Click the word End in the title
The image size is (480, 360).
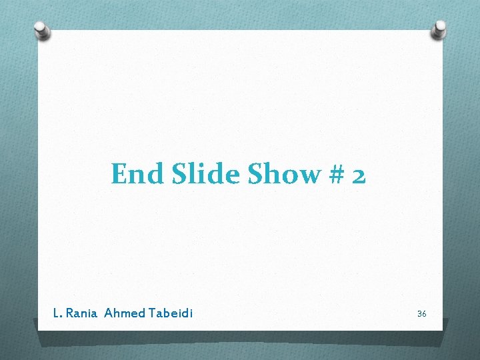coord(137,174)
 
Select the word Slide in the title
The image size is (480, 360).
coord(206,174)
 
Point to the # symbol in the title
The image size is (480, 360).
coord(335,175)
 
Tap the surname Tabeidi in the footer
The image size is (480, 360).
coord(171,313)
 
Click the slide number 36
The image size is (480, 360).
coord(421,313)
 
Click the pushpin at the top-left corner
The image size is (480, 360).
coord(42,31)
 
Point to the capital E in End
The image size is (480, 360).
coord(119,174)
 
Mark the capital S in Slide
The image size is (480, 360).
coord(178,174)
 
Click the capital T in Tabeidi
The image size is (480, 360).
coord(153,313)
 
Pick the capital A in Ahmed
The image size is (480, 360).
coord(108,313)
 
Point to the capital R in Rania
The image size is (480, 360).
coord(69,313)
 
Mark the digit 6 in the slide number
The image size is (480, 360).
coord(423,313)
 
